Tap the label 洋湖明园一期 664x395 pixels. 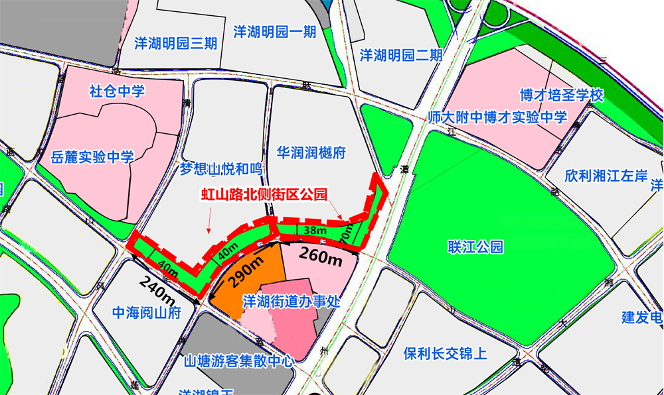pyautogui.click(x=275, y=32)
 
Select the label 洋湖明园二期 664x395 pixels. pyautogui.click(x=401, y=55)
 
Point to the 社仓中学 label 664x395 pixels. pyautogui.click(x=117, y=91)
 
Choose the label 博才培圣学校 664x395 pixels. pyautogui.click(x=562, y=95)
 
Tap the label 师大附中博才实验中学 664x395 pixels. pyautogui.click(x=497, y=118)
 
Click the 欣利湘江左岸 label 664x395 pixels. pyautogui.click(x=606, y=176)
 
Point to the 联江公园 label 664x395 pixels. pyautogui.click(x=475, y=247)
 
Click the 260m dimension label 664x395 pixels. pyautogui.click(x=320, y=256)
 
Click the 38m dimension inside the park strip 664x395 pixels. pyautogui.click(x=315, y=231)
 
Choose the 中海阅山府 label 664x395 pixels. pyautogui.click(x=137, y=313)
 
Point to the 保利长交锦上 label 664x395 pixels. pyautogui.click(x=445, y=353)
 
